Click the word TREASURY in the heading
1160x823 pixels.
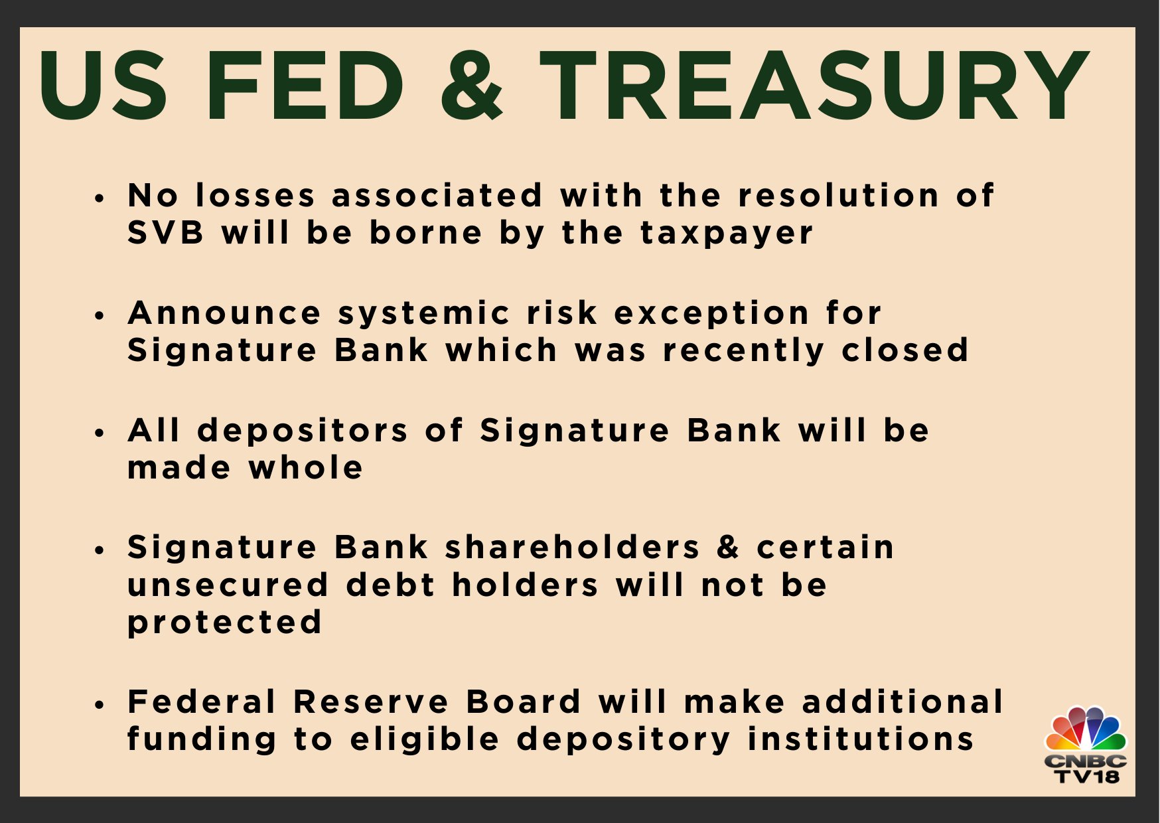tap(814, 86)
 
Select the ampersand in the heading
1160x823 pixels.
tap(472, 86)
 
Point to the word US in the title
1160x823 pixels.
tap(104, 86)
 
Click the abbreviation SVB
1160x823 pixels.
tap(166, 233)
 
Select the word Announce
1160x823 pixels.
tap(224, 313)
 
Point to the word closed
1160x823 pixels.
tap(905, 350)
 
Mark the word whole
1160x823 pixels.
tap(306, 467)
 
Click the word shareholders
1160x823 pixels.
tap(573, 548)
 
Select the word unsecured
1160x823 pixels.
tap(228, 585)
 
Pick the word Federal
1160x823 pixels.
tap(202, 702)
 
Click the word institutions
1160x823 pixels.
tap(861, 739)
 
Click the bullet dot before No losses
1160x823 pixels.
tap(100, 198)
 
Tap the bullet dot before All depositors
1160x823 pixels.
tap(100, 433)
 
